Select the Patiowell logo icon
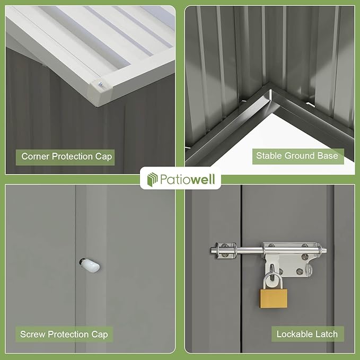pyautogui.click(x=152, y=179)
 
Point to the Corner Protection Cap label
pyautogui.click(x=67, y=156)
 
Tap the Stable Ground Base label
pyautogui.click(x=297, y=155)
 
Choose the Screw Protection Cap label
pyautogui.click(x=64, y=334)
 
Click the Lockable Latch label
pyautogui.click(x=307, y=334)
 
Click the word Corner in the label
pyautogui.click(x=36, y=156)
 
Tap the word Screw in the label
pyautogui.click(x=32, y=334)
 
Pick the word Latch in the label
pyautogui.click(x=326, y=334)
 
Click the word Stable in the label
pyautogui.click(x=269, y=155)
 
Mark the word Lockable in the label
pyautogui.click(x=295, y=334)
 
